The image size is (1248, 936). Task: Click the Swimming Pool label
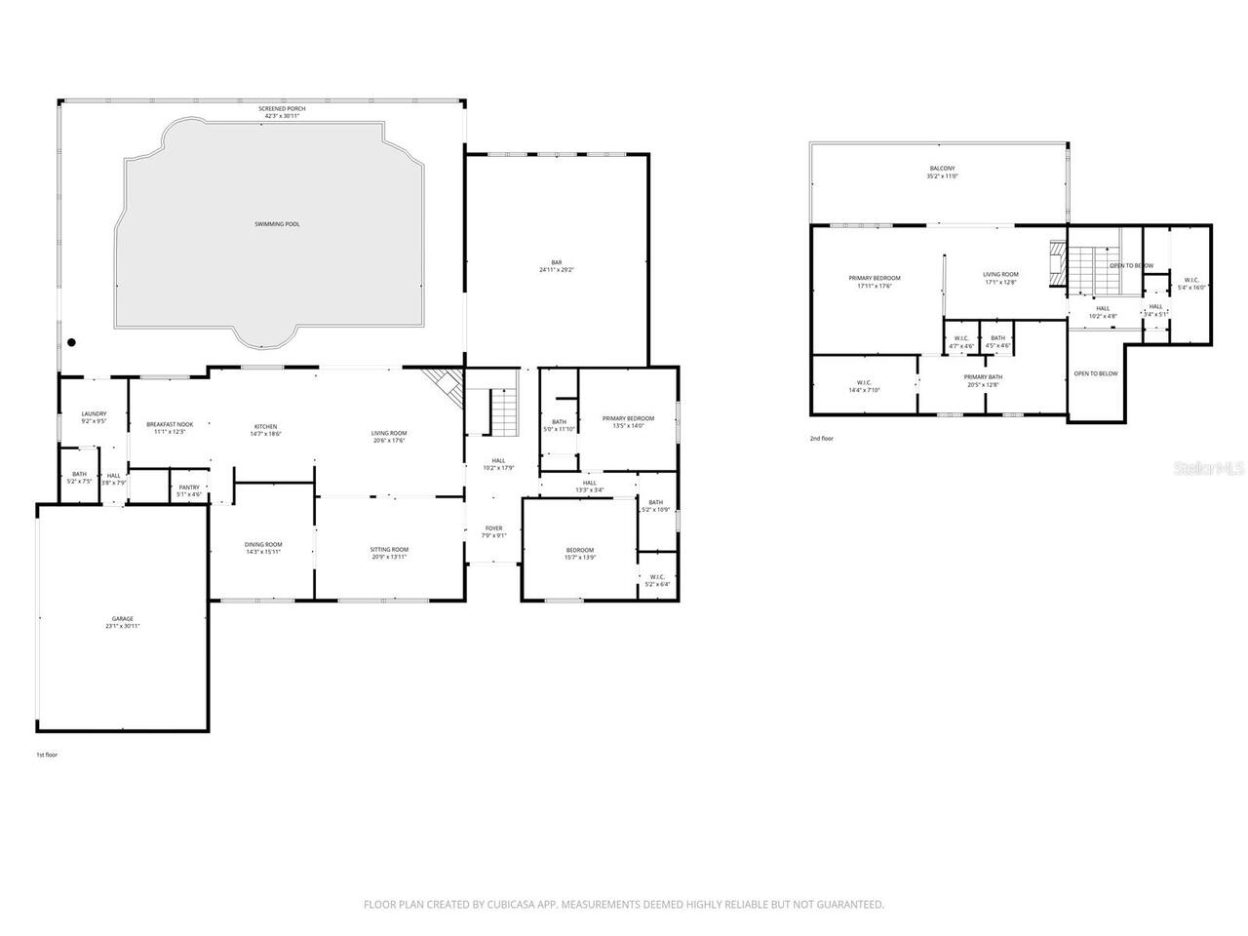pyautogui.click(x=277, y=224)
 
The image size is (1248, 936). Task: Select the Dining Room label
pyautogui.click(x=263, y=548)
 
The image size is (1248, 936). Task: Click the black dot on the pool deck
pyautogui.click(x=71, y=342)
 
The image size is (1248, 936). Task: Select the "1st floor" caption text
pyautogui.click(x=47, y=755)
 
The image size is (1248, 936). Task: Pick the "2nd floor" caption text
pyautogui.click(x=821, y=439)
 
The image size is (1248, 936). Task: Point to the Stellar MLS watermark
pyautogui.click(x=1209, y=469)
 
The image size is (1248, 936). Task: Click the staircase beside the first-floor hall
pyautogui.click(x=502, y=411)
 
